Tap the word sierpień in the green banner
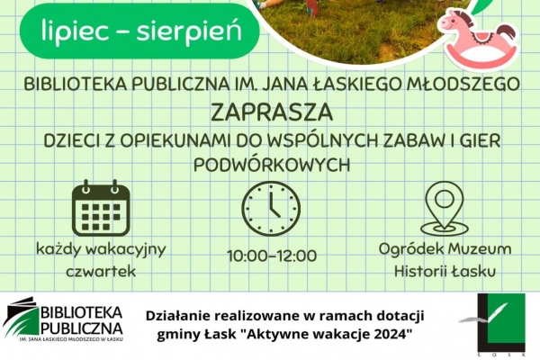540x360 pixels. click(x=189, y=31)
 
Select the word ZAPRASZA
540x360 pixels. click(x=272, y=112)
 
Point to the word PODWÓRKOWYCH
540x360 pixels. click(x=272, y=165)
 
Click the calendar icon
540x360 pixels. click(x=101, y=208)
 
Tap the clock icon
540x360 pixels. click(x=271, y=208)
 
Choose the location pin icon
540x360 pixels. click(x=445, y=209)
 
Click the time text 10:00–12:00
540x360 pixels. click(x=272, y=256)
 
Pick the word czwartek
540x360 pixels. click(x=101, y=271)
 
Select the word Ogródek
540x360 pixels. click(x=407, y=249)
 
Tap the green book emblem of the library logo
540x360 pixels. click(x=22, y=318)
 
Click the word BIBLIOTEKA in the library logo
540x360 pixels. click(x=82, y=312)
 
